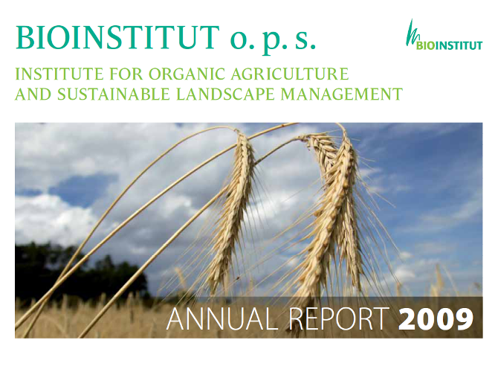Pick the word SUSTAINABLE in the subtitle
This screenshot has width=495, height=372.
tap(108, 94)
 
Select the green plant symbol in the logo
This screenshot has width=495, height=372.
tap(411, 33)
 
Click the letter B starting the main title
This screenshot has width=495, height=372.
tap(24, 38)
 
